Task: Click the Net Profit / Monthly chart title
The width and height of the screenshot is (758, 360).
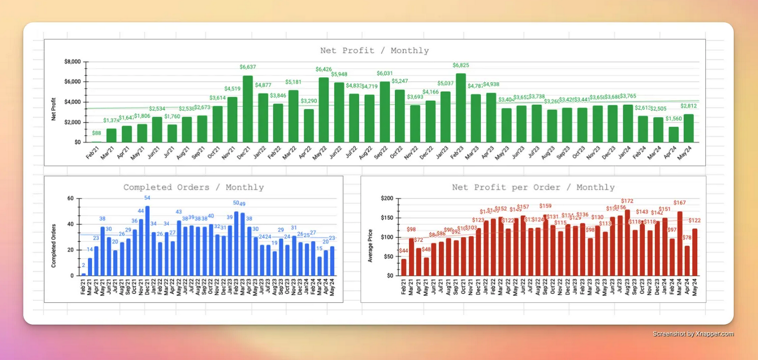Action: tap(374, 51)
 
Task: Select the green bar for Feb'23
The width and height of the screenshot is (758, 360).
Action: tap(460, 108)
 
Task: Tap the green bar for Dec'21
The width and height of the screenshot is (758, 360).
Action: tap(248, 109)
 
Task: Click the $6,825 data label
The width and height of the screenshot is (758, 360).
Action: tap(460, 65)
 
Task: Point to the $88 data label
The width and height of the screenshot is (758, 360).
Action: tap(96, 133)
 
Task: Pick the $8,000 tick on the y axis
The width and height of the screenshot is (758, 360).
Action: tap(72, 62)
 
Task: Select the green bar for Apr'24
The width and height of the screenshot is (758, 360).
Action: tap(673, 134)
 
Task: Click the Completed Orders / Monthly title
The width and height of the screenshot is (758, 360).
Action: tap(193, 187)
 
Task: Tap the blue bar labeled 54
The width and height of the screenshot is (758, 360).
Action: tap(147, 241)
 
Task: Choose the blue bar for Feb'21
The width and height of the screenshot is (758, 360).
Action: tap(83, 274)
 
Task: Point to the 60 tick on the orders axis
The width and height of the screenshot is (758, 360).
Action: tap(70, 198)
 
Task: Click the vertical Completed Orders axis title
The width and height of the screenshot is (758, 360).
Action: tap(54, 246)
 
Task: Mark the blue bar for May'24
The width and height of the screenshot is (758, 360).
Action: tap(332, 261)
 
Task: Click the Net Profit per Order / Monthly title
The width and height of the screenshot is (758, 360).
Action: tap(533, 187)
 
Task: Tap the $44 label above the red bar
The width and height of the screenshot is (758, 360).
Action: tap(403, 251)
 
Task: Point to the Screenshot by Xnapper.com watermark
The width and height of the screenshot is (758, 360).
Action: tap(693, 334)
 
